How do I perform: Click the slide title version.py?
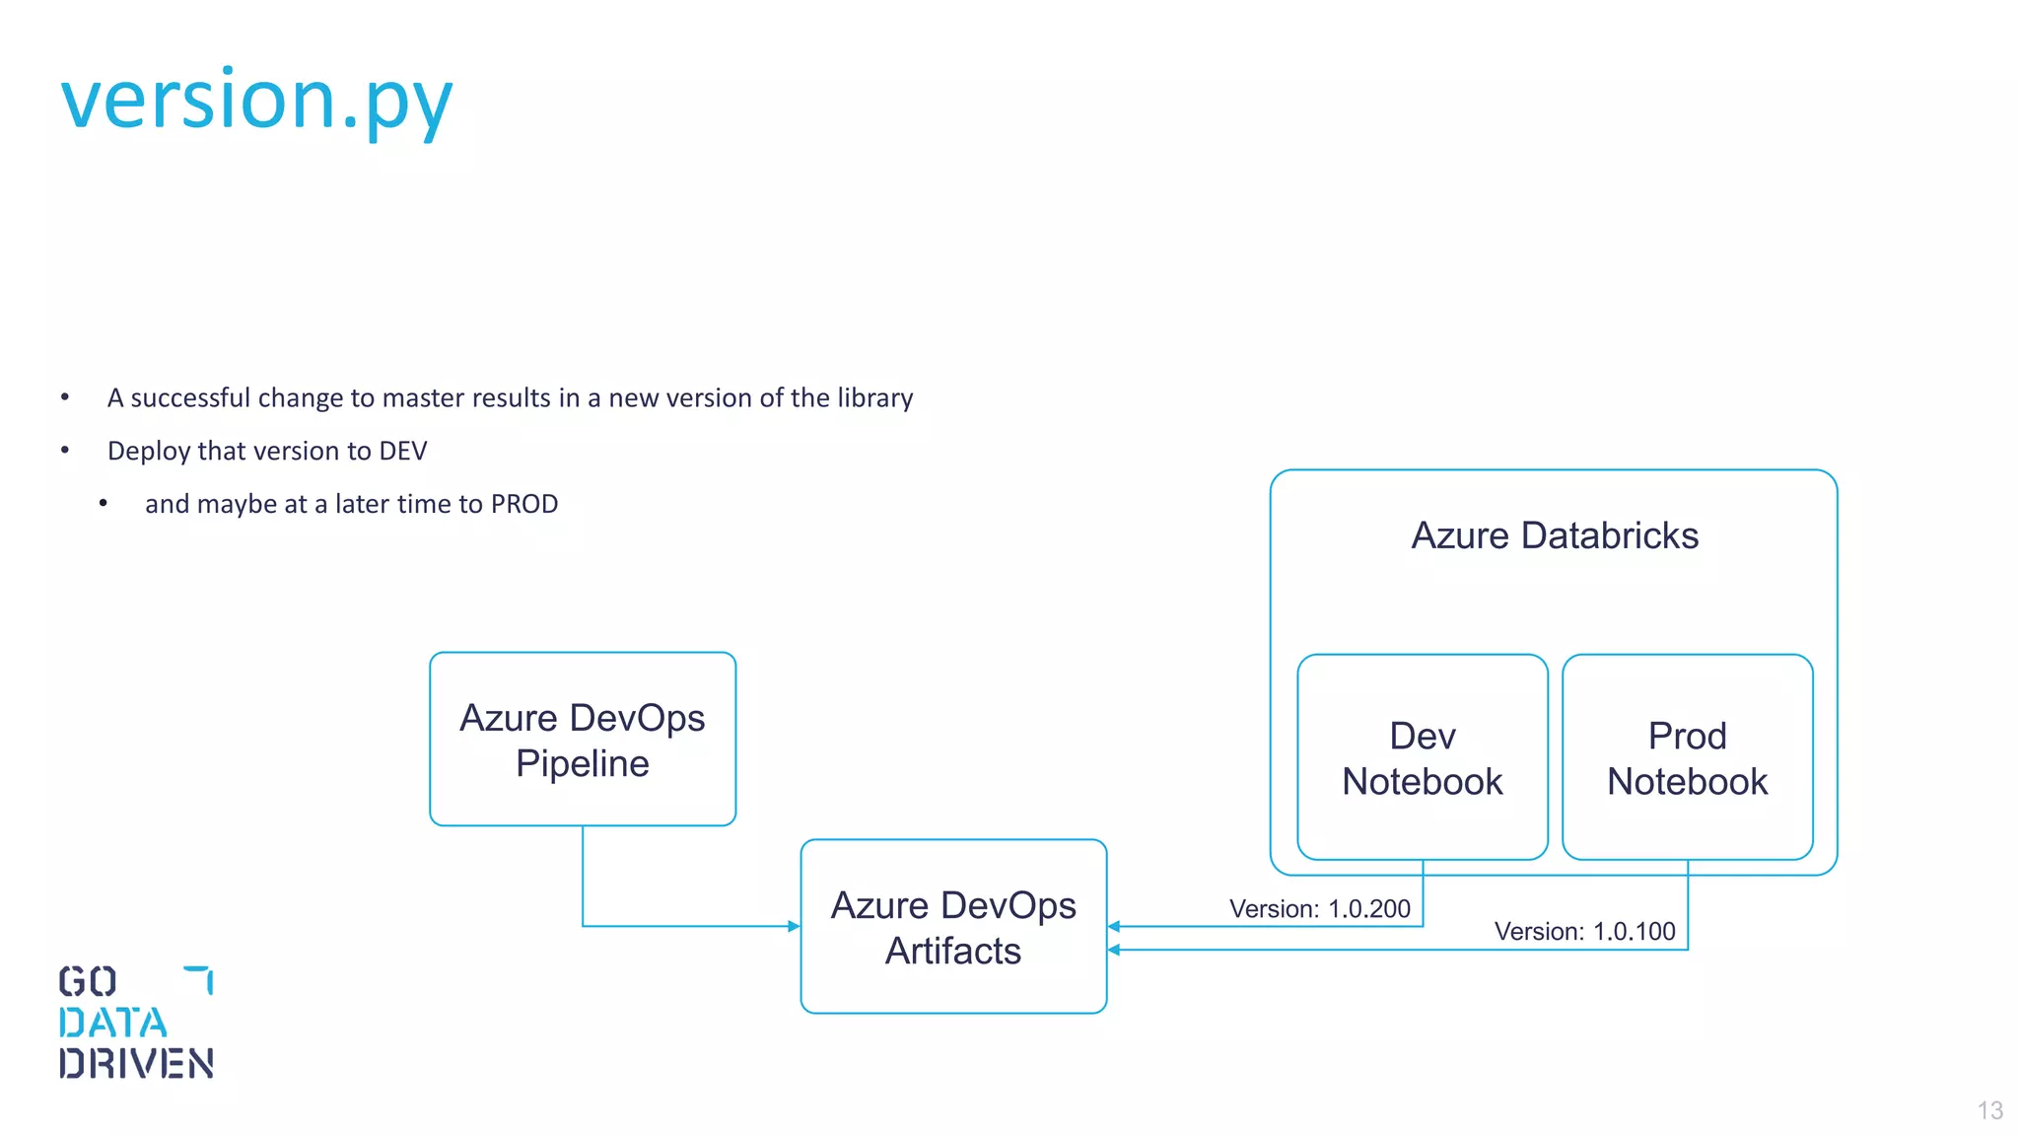pyautogui.click(x=256, y=101)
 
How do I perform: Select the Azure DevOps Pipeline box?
pyautogui.click(x=583, y=740)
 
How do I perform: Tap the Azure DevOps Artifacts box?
pyautogui.click(x=953, y=927)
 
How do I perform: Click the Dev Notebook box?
pyautogui.click(x=1422, y=757)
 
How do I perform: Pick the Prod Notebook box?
pyautogui.click(x=1687, y=757)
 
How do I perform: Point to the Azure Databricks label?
pyautogui.click(x=1555, y=535)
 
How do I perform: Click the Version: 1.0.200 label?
pyautogui.click(x=1319, y=908)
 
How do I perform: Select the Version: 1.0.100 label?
pyautogui.click(x=1584, y=931)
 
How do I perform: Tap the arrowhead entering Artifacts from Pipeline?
pyautogui.click(x=794, y=926)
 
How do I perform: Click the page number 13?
pyautogui.click(x=1989, y=1110)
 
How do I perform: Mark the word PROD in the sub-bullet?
pyautogui.click(x=524, y=504)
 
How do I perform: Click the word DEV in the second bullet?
pyautogui.click(x=403, y=451)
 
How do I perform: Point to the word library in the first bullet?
pyautogui.click(x=874, y=397)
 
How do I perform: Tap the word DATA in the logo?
pyautogui.click(x=112, y=1023)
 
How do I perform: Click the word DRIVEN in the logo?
pyautogui.click(x=136, y=1063)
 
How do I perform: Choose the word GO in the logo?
pyautogui.click(x=88, y=981)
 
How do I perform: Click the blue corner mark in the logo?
pyautogui.click(x=200, y=978)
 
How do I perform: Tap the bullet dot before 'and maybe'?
pyautogui.click(x=104, y=504)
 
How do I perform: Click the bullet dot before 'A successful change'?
pyautogui.click(x=65, y=397)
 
